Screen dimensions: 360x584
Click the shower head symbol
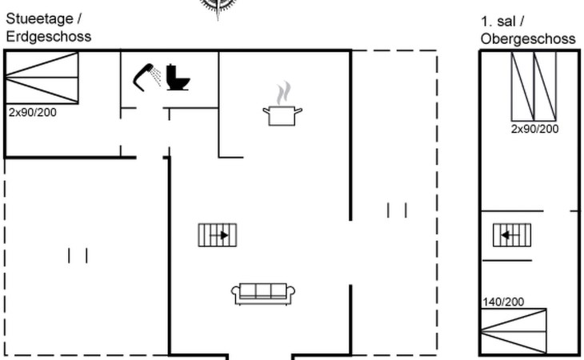[146, 76]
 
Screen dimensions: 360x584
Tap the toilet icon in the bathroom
[178, 78]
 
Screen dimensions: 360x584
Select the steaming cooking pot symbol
[282, 114]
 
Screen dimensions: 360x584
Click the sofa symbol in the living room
[263, 294]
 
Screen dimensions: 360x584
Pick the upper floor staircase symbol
[512, 235]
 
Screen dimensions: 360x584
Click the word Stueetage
[41, 18]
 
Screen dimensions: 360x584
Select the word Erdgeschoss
[49, 36]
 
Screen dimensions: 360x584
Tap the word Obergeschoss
[528, 38]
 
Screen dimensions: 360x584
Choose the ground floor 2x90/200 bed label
[32, 112]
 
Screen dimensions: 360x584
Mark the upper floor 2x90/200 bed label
[534, 129]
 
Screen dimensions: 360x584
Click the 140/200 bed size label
[502, 302]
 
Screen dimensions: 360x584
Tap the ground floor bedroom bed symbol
[42, 78]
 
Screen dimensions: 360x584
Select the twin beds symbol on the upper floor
[534, 86]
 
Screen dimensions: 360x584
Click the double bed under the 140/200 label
[513, 331]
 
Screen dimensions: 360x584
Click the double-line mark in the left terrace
[78, 255]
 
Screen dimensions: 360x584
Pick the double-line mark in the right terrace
[397, 210]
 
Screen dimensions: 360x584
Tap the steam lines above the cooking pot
[282, 94]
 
